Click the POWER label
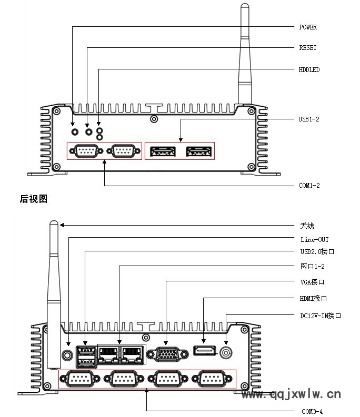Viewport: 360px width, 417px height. click(x=308, y=27)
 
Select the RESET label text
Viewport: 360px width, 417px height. click(x=308, y=48)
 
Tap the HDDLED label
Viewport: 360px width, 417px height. click(x=309, y=69)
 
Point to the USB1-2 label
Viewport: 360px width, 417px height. click(x=309, y=119)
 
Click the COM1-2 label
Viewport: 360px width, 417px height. click(x=309, y=186)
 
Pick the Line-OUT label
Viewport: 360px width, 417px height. click(x=314, y=240)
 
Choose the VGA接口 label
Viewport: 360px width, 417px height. click(x=312, y=282)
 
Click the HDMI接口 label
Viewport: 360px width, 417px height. click(x=314, y=299)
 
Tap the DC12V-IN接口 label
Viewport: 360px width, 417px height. click(x=321, y=316)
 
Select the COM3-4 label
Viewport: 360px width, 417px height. click(x=312, y=411)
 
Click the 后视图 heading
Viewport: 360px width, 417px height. click(x=34, y=199)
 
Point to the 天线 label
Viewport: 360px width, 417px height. click(x=307, y=226)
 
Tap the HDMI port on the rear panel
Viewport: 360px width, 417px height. click(x=204, y=350)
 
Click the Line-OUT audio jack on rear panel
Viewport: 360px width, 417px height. click(x=67, y=353)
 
